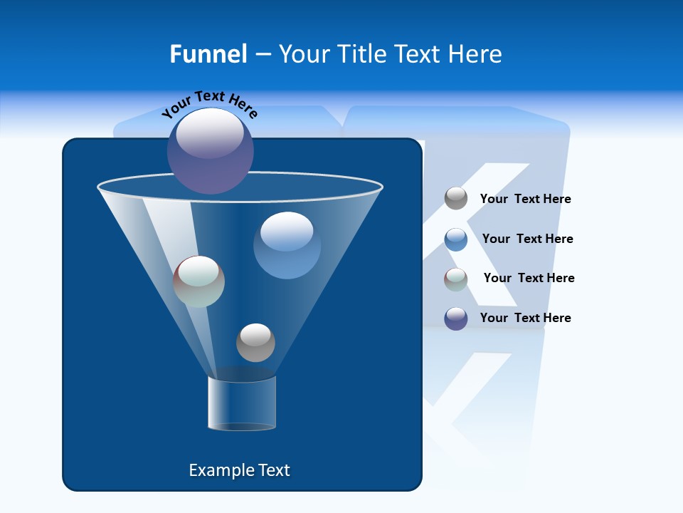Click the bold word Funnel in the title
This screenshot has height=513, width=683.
point(208,54)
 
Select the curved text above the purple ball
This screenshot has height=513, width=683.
point(210,103)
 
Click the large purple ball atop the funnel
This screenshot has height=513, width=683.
point(211,150)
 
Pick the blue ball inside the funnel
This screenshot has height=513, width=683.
point(287,245)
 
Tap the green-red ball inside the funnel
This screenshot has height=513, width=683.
point(198,281)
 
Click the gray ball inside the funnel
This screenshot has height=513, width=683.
point(255,342)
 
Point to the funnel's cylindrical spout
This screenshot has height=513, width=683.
point(242,403)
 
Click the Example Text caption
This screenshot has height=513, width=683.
point(240,470)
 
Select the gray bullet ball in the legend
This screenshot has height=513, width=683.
point(456,198)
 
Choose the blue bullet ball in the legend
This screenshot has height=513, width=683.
point(456,239)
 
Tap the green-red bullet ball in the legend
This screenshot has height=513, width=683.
point(456,279)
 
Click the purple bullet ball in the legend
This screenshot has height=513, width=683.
point(456,318)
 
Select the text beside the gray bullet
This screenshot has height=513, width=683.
point(526,199)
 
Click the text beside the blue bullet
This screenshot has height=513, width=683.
point(528,239)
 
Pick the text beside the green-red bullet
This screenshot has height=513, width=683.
point(529,278)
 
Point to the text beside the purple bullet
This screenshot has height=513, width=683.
point(526,318)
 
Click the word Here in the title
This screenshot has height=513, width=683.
point(476,54)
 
